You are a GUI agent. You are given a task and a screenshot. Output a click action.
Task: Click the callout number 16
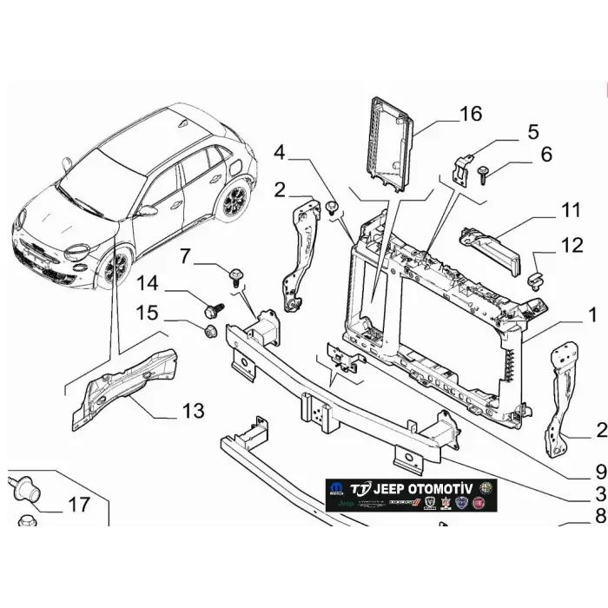470,115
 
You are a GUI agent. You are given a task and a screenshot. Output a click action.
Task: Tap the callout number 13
192,410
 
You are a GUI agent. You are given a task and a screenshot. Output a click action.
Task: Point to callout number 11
570,210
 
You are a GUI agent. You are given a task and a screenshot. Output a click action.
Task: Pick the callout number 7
184,256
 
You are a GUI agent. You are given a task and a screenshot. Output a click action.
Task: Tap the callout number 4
279,154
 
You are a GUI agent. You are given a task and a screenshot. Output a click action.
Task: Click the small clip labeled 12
536,279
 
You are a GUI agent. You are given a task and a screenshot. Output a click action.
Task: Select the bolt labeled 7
235,278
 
